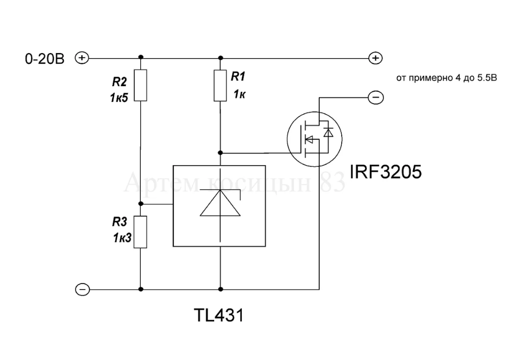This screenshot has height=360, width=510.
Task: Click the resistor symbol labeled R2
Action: click(140, 85)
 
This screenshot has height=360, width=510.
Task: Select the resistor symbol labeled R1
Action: click(220, 85)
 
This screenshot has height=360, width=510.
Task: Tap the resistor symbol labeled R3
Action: click(140, 232)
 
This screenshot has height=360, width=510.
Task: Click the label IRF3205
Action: click(386, 172)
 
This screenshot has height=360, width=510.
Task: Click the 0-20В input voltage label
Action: click(45, 59)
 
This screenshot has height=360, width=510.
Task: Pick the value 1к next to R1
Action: click(240, 94)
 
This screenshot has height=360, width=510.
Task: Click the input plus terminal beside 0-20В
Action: click(82, 58)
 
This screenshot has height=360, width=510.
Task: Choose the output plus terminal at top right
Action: click(375, 58)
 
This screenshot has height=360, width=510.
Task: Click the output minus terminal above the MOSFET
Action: click(375, 97)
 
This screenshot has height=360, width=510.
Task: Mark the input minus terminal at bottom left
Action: click(82, 290)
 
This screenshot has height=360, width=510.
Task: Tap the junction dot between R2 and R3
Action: click(140, 204)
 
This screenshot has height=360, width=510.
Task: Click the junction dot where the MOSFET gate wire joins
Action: click(220, 152)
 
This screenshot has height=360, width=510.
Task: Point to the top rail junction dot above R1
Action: click(220, 58)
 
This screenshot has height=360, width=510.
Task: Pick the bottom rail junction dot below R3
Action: click(140, 289)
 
